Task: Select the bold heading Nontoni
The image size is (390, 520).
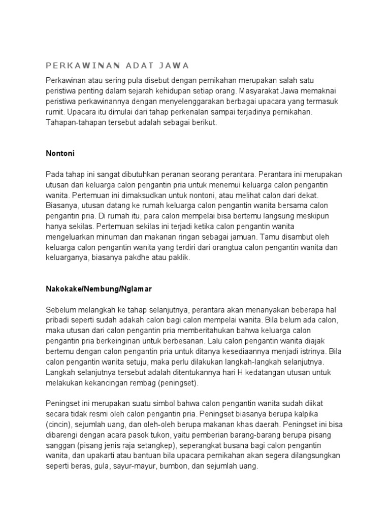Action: pos(60,152)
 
